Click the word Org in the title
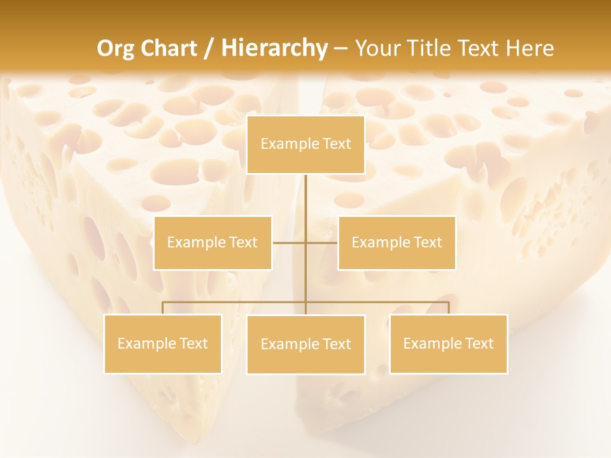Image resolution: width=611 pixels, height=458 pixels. (115, 48)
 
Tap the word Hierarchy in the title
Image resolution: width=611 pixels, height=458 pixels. (274, 48)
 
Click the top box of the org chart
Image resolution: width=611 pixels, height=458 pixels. (305, 144)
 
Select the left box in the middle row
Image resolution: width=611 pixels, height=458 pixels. (213, 243)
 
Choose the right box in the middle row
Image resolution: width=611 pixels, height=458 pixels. (397, 243)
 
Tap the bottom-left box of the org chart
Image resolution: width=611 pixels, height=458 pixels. (163, 344)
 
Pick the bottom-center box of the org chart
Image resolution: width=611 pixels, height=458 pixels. (305, 345)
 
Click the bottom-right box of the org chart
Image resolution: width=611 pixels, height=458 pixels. (448, 344)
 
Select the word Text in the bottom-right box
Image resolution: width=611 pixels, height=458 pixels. (479, 344)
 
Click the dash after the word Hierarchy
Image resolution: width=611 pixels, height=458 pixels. (341, 48)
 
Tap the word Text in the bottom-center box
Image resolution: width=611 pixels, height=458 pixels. (337, 345)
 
